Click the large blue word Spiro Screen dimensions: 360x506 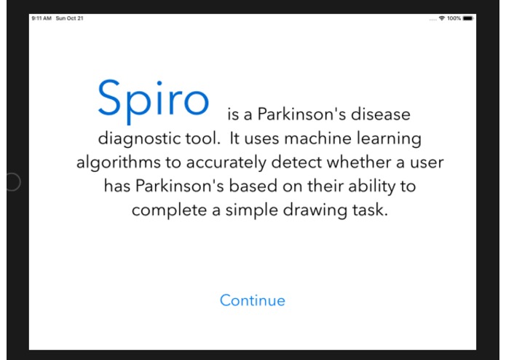(x=153, y=99)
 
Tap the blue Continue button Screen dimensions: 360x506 (x=253, y=300)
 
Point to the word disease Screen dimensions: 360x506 (x=382, y=114)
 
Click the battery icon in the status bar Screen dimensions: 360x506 (x=467, y=17)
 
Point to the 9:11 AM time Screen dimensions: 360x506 (x=41, y=18)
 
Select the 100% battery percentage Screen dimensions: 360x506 (x=454, y=17)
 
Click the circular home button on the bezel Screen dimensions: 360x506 (x=12, y=181)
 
